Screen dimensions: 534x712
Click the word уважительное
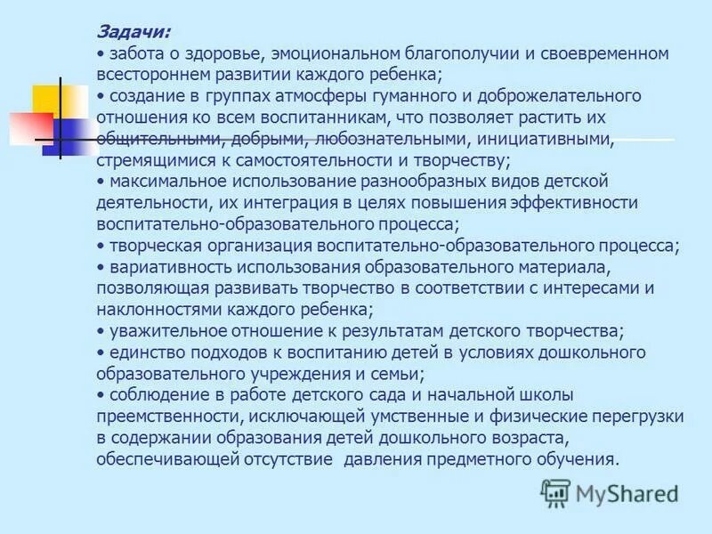click(x=165, y=331)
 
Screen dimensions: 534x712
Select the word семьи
click(x=392, y=374)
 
